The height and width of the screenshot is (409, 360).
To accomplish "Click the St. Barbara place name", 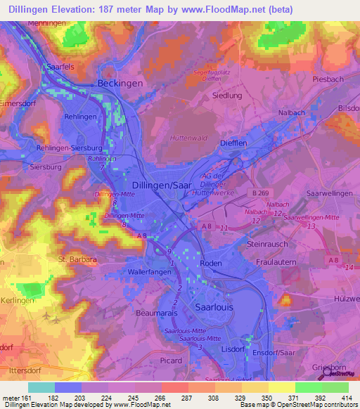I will (77, 259).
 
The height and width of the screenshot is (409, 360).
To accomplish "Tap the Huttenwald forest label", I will (188, 138).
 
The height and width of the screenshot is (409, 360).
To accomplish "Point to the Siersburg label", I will (46, 167).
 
